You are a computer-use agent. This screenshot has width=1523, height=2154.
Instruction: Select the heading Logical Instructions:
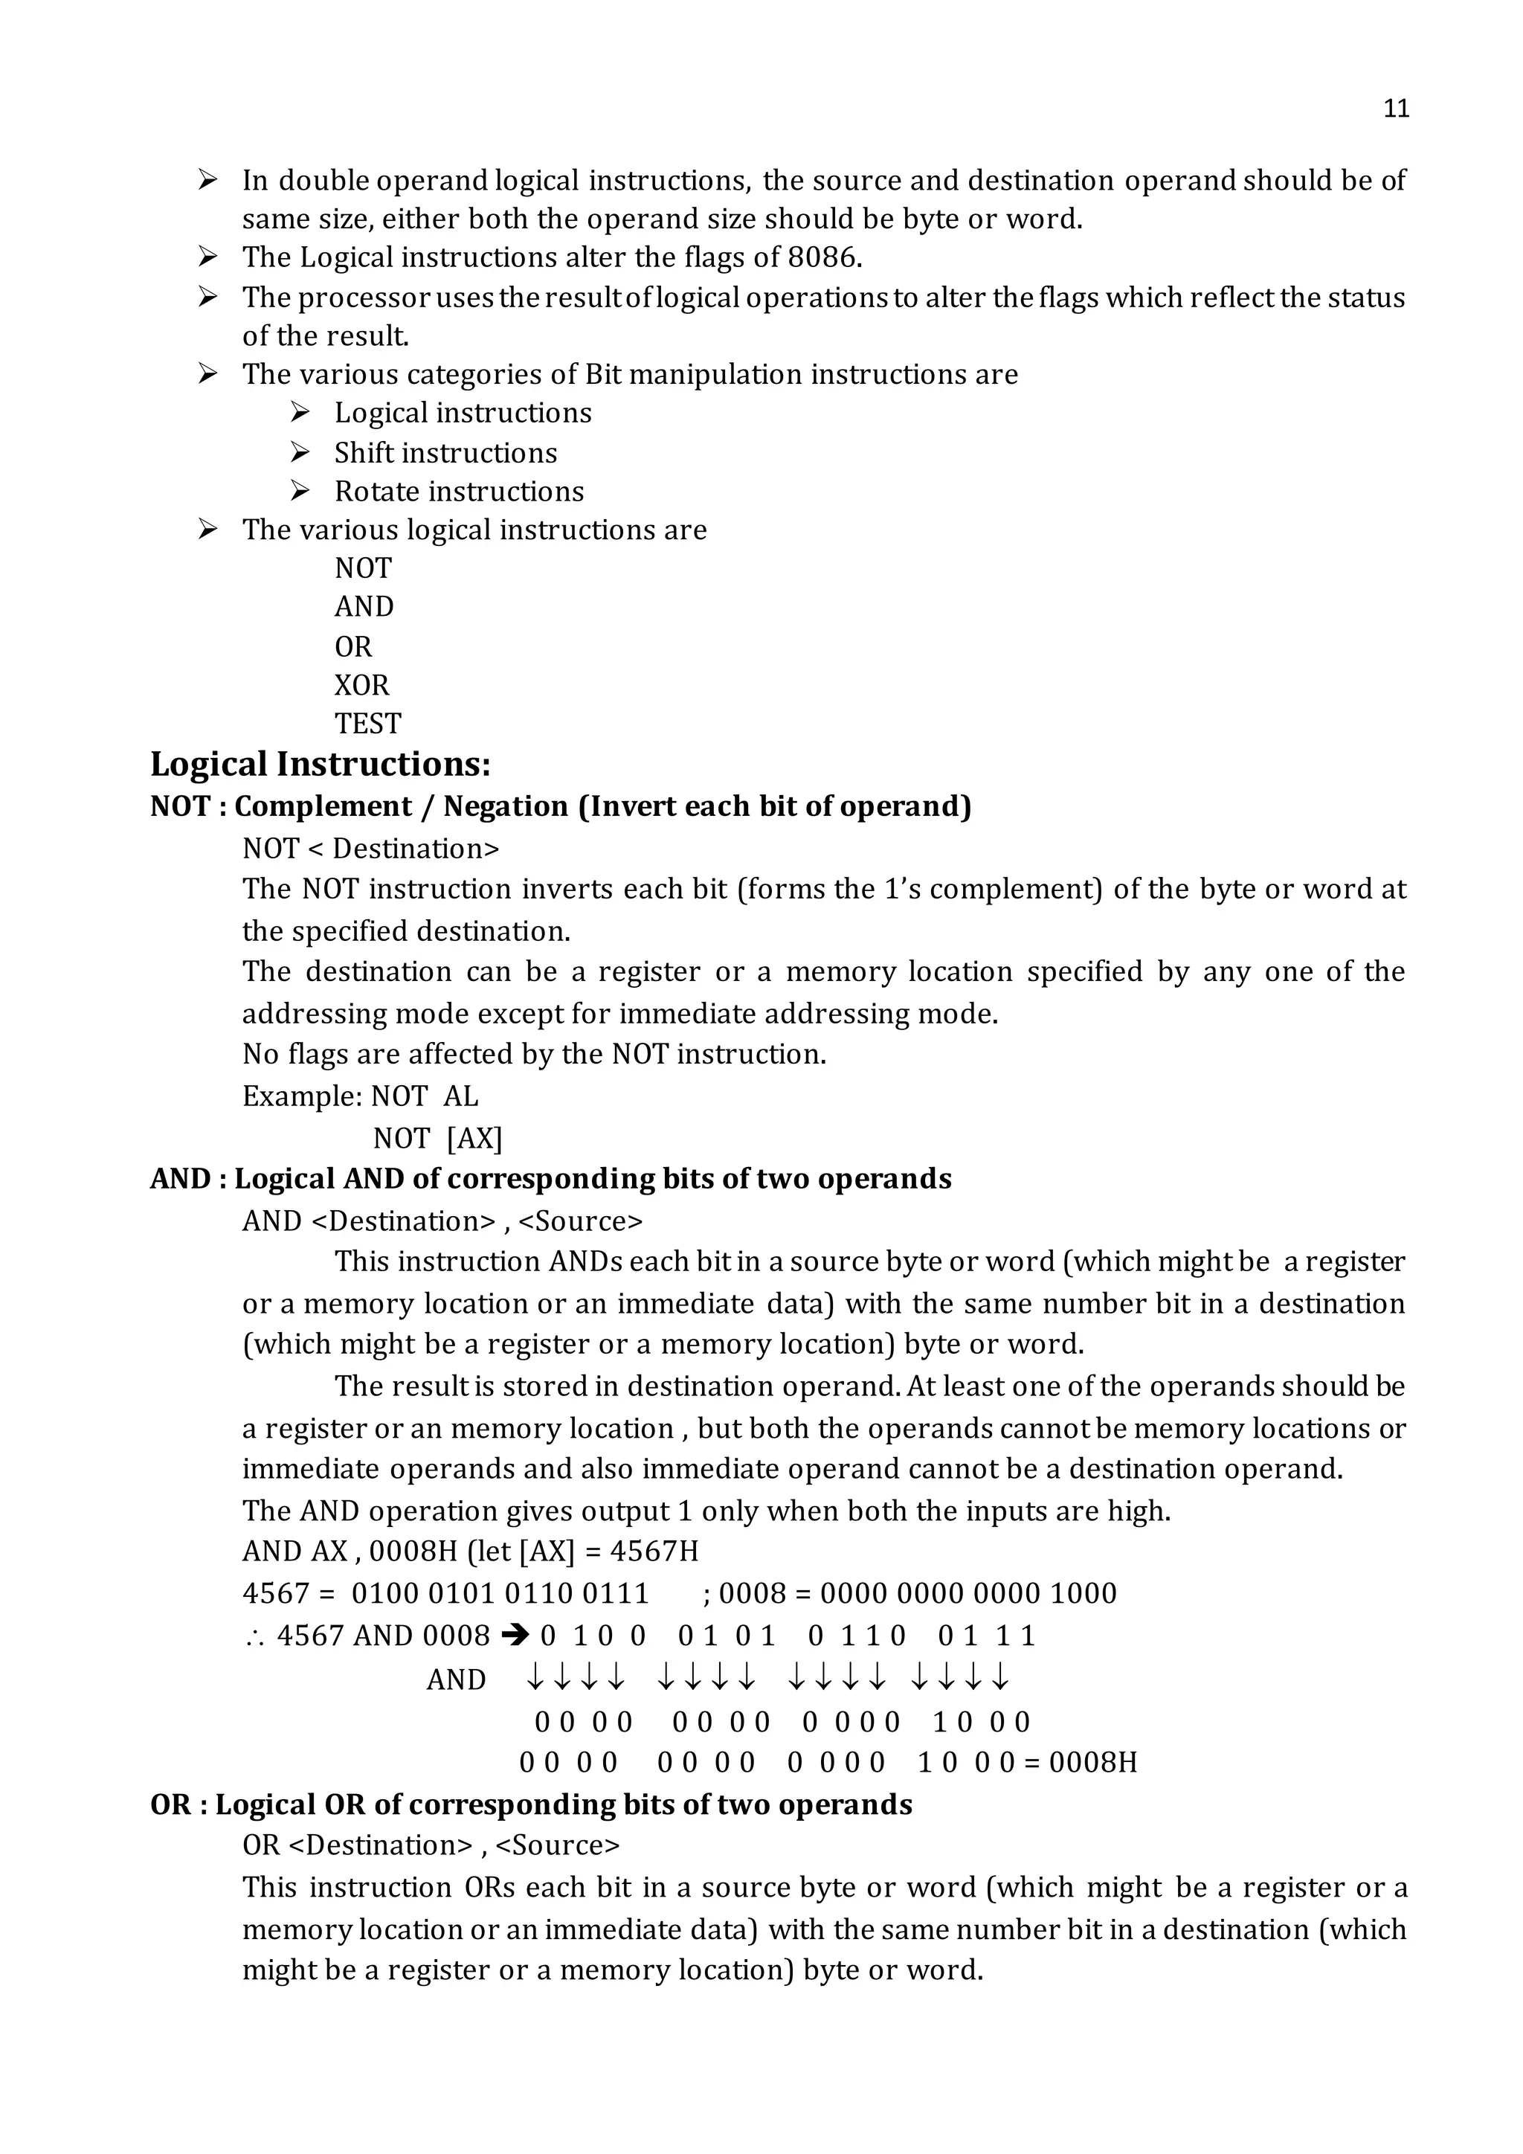320,765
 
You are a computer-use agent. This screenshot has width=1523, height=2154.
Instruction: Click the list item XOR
361,686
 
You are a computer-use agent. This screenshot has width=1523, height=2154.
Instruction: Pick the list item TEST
367,724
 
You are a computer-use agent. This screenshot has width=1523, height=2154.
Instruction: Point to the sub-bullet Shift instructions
445,453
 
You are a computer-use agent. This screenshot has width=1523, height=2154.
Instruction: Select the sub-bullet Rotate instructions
459,492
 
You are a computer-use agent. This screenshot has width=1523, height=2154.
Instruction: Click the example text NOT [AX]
437,1138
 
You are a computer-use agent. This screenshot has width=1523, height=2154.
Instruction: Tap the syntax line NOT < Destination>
370,849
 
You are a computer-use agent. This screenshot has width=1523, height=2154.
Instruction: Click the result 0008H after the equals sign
1092,1763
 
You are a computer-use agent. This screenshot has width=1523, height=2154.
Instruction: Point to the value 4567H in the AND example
654,1551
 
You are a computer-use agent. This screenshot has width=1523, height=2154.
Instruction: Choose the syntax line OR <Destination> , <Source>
431,1845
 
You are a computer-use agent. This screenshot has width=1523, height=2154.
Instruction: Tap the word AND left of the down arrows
456,1680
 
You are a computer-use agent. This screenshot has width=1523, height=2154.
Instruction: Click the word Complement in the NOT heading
323,807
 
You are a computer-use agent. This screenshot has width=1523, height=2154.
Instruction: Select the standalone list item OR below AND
352,647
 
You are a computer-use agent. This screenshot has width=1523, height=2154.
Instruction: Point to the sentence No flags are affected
534,1055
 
